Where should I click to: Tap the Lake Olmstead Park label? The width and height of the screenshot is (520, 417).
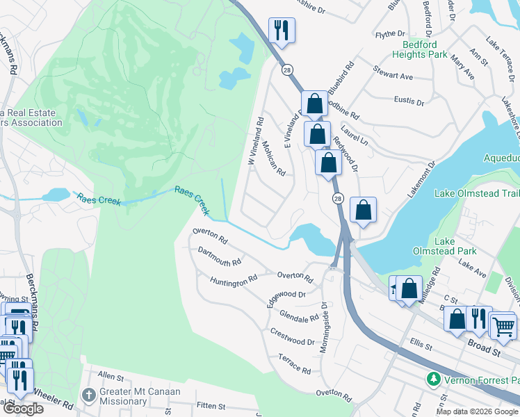coord(445,246)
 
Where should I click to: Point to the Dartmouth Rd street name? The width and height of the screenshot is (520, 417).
coord(219,256)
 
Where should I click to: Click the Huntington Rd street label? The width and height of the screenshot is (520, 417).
coord(234,280)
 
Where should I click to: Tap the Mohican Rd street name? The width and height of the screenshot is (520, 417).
coord(274,159)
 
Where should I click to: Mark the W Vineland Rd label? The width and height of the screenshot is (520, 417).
coord(255,140)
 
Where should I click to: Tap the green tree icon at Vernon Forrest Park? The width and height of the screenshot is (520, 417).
coord(433,379)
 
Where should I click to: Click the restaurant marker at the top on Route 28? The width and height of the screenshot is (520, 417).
coord(281,29)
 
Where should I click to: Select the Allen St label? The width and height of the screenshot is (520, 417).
coord(110,375)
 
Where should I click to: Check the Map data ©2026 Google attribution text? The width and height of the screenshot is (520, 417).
coord(477,411)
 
